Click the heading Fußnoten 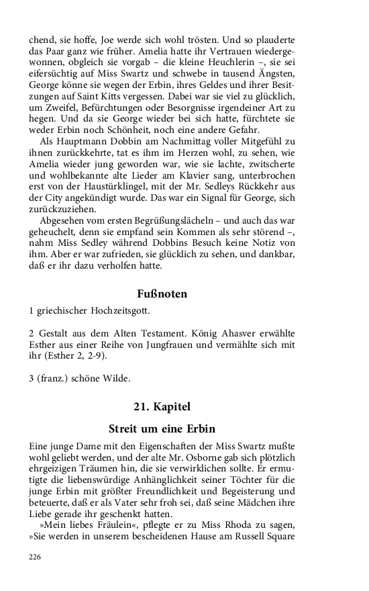coord(162,293)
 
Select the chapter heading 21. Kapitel coord(162,406)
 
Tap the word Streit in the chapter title coord(125,428)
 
